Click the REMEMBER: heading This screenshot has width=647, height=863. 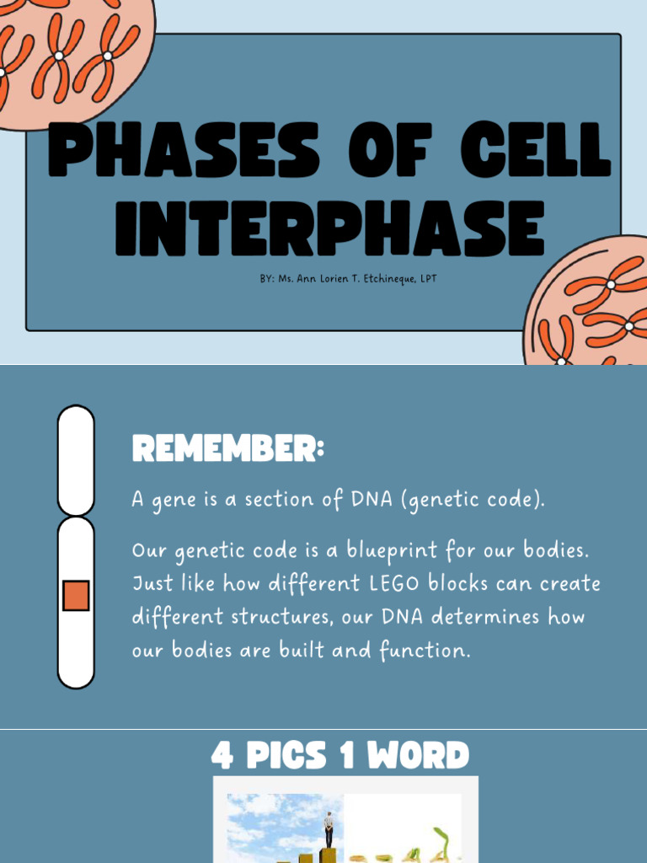tap(227, 450)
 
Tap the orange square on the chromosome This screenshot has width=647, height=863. tap(76, 595)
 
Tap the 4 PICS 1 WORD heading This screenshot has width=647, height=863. tap(340, 755)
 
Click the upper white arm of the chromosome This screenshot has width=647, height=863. tap(76, 459)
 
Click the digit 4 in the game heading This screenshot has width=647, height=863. tap(222, 755)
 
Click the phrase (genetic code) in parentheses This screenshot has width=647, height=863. tap(473, 501)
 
